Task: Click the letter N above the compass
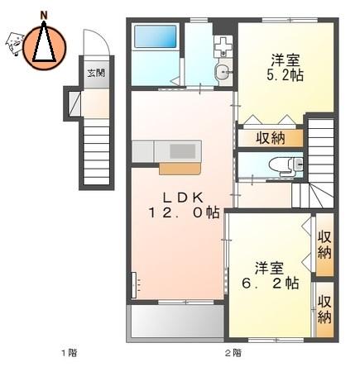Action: (x=44, y=16)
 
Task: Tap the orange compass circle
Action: (x=44, y=47)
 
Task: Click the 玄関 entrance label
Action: (x=96, y=74)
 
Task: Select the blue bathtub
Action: (x=155, y=36)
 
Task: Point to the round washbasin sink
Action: (x=223, y=73)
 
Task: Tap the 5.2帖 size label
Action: (x=285, y=75)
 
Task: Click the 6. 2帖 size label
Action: (x=270, y=283)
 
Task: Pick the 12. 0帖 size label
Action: (x=184, y=213)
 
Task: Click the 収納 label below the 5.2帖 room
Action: (x=271, y=138)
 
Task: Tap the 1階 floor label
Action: (x=70, y=353)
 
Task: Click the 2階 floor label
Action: (x=233, y=353)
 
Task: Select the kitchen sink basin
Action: (x=181, y=151)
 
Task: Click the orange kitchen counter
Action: (x=180, y=169)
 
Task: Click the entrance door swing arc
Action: (x=101, y=38)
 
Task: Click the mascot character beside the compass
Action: (x=14, y=43)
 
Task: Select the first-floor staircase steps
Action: (x=97, y=156)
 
